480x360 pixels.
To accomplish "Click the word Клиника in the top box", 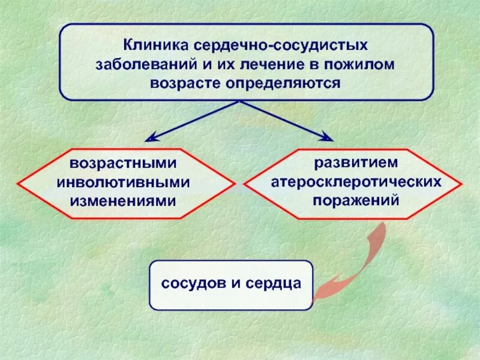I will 155,45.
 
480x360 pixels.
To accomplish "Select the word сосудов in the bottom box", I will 193,284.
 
